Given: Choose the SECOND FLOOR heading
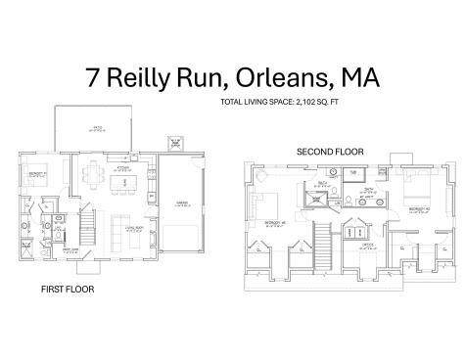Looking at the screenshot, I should [330, 153].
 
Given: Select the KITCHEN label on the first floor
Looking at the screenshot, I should [124, 168].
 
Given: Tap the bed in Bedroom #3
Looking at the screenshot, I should [266, 205].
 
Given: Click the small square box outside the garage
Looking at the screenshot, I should [176, 143].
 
